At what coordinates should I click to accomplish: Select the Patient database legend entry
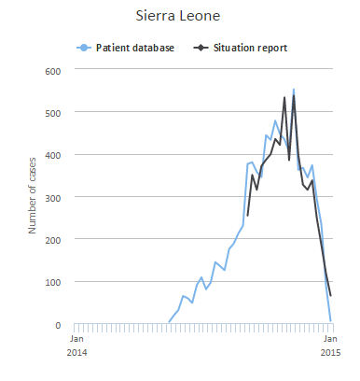pyautogui.click(x=134, y=47)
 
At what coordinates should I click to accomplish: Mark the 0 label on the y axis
pyautogui.click(x=56, y=325)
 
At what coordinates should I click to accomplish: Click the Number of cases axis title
pyautogui.click(x=32, y=197)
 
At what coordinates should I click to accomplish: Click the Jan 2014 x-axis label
pyautogui.click(x=77, y=346)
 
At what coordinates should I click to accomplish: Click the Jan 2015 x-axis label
pyautogui.click(x=330, y=346)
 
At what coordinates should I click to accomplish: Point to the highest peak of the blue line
pyautogui.click(x=294, y=91)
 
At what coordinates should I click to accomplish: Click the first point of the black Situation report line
pyautogui.click(x=247, y=216)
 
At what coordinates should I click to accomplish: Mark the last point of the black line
pyautogui.click(x=331, y=295)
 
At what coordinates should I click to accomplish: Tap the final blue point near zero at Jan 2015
pyautogui.click(x=331, y=321)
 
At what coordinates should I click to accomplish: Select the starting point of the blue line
pyautogui.click(x=168, y=323)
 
